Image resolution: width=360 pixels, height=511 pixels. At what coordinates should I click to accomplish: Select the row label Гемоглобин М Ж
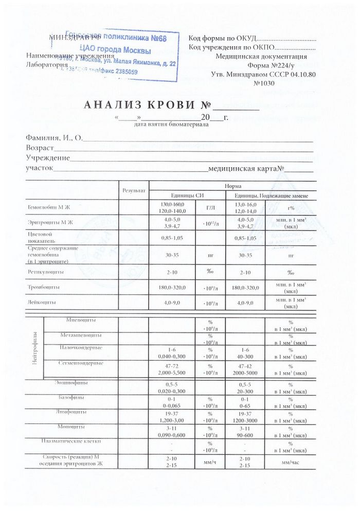(48, 207)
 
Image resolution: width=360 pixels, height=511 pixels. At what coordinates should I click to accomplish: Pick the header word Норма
(230, 186)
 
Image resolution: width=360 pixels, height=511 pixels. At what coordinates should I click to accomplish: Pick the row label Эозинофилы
(71, 382)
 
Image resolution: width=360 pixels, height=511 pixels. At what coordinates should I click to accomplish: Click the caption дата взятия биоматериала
(171, 125)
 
